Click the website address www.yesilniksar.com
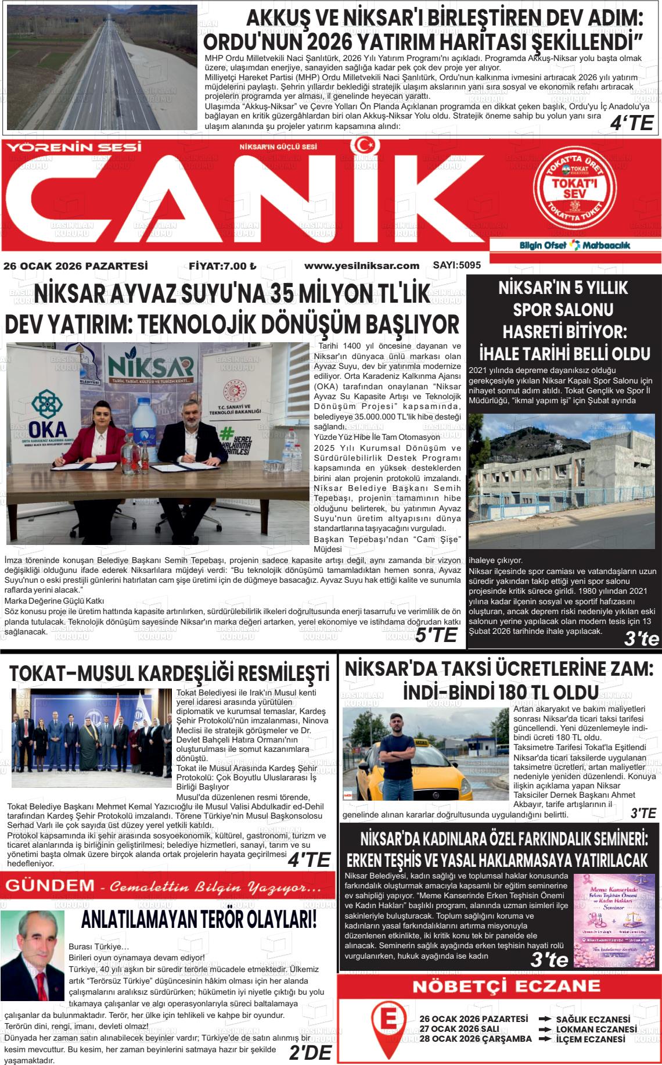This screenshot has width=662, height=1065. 361,266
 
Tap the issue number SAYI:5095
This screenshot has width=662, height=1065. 457,266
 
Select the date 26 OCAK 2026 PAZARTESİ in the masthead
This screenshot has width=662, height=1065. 75,266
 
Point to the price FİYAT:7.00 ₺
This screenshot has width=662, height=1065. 222,266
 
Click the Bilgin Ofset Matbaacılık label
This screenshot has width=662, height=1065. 574,245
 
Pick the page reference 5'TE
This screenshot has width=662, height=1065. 436,635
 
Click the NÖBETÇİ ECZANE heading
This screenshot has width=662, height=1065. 498,986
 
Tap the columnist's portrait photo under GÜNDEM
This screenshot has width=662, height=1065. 33,948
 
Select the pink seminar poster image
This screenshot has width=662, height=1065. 614,920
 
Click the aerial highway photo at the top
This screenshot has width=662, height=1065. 102,67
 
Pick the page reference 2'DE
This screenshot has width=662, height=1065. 310,1053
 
